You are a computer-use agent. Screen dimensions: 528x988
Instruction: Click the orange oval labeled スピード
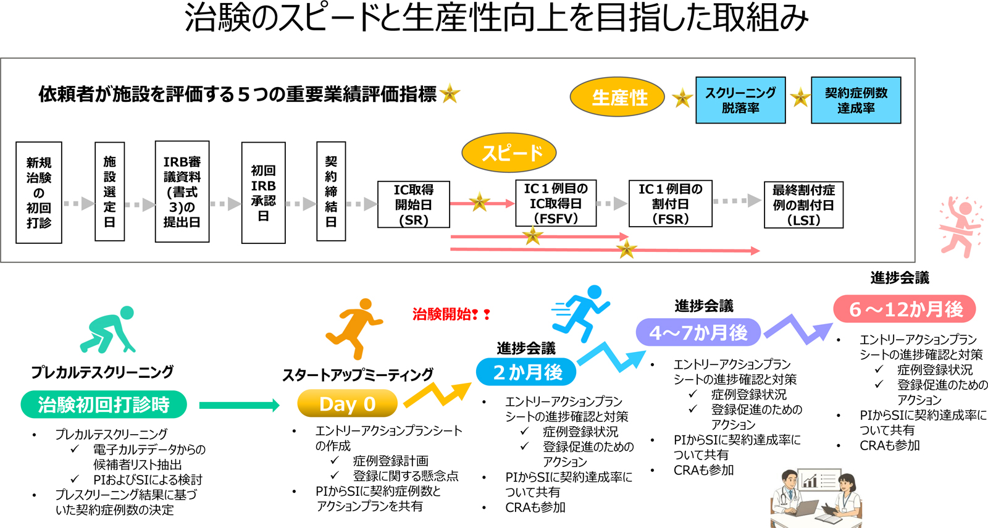[509, 153]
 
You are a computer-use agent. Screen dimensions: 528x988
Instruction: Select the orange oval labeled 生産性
[617, 97]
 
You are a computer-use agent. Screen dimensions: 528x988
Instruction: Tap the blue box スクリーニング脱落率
[740, 100]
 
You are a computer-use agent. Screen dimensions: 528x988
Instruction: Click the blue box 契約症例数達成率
[856, 100]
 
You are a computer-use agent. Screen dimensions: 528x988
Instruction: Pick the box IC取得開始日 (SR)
[413, 204]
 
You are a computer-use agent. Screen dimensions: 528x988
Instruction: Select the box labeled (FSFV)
[556, 203]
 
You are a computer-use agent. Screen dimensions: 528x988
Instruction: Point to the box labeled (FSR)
[670, 203]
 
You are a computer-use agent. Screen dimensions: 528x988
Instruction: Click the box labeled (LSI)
[803, 204]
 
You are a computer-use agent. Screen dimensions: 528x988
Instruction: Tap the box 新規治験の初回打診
[39, 192]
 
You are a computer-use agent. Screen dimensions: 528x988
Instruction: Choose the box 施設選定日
[109, 191]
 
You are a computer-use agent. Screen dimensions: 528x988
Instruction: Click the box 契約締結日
[331, 191]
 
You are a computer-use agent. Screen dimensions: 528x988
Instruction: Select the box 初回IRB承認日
[263, 193]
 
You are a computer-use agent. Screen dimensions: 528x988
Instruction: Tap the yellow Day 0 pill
[347, 404]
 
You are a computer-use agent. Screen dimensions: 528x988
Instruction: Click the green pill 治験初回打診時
[104, 404]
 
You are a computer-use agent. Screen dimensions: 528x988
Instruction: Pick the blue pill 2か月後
[527, 372]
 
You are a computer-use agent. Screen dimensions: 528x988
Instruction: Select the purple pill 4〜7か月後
[698, 333]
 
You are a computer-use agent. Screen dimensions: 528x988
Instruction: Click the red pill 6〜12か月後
[905, 309]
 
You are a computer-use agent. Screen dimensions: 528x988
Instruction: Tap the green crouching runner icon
[109, 330]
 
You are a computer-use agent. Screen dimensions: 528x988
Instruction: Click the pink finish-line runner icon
[960, 227]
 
